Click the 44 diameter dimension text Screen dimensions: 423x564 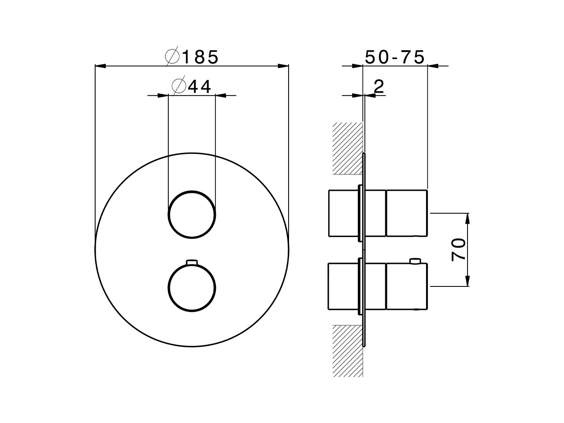tap(200, 86)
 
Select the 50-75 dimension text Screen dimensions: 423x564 tap(395, 57)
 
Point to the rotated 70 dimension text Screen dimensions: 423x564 tap(458, 249)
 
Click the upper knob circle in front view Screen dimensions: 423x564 tap(192, 215)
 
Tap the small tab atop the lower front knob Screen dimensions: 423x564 tap(192, 262)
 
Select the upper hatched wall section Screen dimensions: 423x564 tap(347, 148)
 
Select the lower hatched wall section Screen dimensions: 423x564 tap(347, 351)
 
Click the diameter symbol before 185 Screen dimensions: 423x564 tap(172, 57)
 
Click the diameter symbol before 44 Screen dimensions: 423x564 tap(178, 86)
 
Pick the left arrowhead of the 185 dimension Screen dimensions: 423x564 tap(100, 66)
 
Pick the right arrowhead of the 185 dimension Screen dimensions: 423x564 tap(283, 66)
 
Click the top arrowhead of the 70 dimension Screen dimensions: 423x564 tap(468, 218)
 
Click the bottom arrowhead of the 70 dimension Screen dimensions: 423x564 tap(468, 282)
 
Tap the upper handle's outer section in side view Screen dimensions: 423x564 tap(406, 213)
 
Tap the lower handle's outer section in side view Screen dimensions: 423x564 tap(406, 286)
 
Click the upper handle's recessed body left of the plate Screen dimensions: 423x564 tap(343, 213)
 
